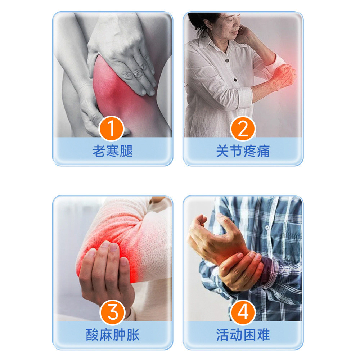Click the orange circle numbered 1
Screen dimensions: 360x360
pos(112,128)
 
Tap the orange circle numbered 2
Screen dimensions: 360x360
pos(243,128)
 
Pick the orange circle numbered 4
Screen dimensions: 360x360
pos(243,312)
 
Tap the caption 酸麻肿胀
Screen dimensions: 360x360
pos(113,335)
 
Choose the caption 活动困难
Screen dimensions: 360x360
pos(243,335)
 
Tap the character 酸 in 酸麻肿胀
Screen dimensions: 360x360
pos(93,335)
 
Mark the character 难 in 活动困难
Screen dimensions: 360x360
pos(263,335)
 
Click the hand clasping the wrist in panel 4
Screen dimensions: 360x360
pos(241,270)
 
